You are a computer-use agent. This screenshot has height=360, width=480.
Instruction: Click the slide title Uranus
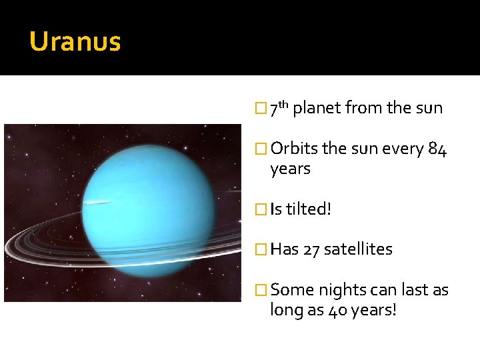coord(75,42)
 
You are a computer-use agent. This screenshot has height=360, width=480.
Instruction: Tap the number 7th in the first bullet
coord(279,107)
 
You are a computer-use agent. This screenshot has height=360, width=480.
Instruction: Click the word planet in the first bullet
coord(317,108)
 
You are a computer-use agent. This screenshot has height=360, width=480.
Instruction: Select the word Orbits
coord(293,149)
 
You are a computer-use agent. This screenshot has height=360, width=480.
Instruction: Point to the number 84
coord(437,149)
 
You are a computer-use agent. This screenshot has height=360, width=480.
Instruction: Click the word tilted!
coord(309,209)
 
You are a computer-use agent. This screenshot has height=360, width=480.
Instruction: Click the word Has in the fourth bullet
coord(285,249)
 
